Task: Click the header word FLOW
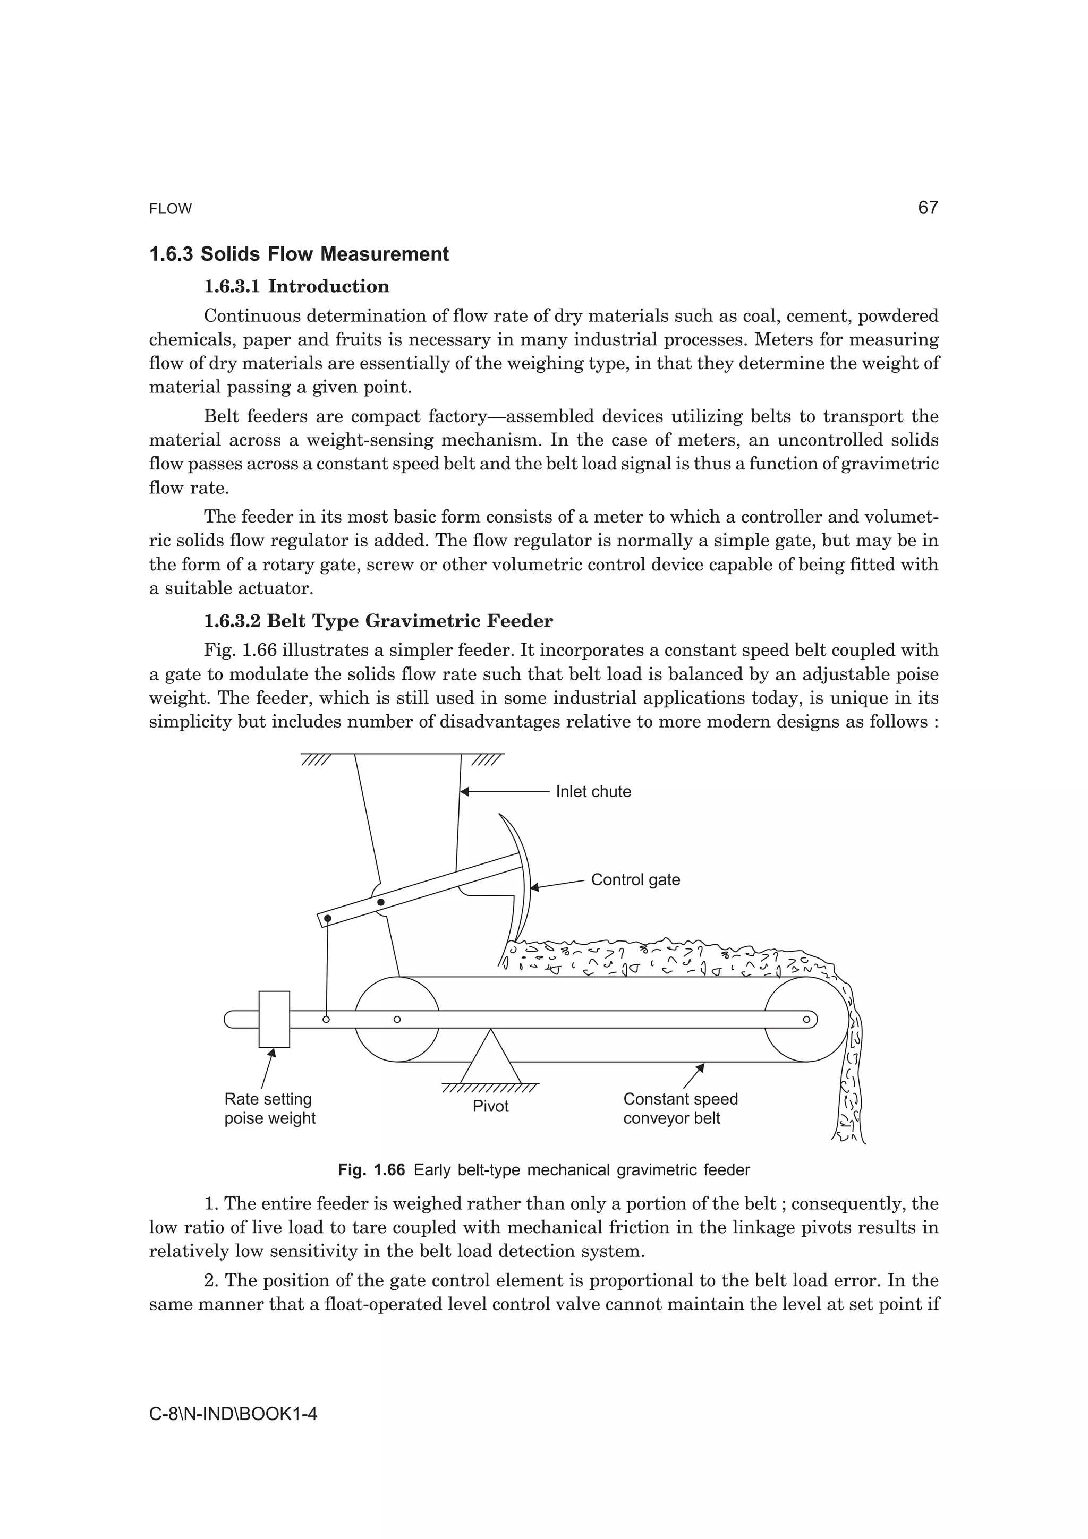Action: tap(171, 209)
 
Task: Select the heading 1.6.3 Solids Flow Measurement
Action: tap(299, 255)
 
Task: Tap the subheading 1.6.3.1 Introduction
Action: tap(296, 286)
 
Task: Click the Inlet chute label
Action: tap(593, 792)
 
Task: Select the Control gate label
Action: tap(635, 879)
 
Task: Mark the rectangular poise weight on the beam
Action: tap(274, 1019)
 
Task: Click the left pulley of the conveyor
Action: tap(397, 1019)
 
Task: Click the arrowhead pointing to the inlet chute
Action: tap(464, 792)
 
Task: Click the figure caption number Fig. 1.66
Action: tap(371, 1170)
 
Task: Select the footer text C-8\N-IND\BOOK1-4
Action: tap(233, 1414)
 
